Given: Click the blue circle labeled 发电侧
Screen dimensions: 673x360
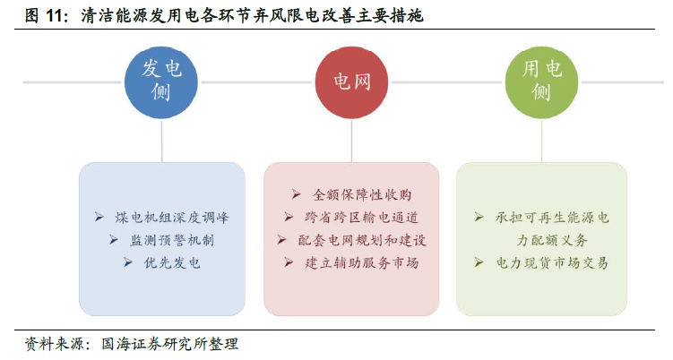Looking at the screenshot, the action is [161, 82].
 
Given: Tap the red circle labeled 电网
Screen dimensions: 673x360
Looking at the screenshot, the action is [351, 82].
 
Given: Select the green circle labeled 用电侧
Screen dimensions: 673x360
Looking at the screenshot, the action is [541, 82].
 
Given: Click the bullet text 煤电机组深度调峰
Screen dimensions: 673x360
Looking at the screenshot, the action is [172, 218].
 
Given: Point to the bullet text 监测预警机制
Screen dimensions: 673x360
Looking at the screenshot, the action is [172, 240].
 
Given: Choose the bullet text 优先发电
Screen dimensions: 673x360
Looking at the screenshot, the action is [172, 263].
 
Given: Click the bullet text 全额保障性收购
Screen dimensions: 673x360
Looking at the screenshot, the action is [362, 195].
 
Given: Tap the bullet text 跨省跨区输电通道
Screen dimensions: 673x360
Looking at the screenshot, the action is [361, 218].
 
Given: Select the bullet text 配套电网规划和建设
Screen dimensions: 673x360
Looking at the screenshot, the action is [362, 240].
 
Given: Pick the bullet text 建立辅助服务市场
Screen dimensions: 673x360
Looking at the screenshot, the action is [361, 263].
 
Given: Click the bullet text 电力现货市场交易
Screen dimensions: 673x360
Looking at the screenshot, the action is [552, 263].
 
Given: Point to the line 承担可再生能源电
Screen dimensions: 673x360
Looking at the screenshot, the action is [552, 218].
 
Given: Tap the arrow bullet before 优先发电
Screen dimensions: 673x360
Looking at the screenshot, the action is [128, 262].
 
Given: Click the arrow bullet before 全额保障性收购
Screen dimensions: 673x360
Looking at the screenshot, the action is [296, 194].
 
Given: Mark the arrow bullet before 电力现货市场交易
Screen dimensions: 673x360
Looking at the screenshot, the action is [479, 262].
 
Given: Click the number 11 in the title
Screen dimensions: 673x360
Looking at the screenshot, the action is [55, 16].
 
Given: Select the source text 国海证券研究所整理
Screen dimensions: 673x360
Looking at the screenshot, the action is [169, 344].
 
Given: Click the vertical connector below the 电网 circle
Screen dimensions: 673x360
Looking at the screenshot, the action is [351, 141].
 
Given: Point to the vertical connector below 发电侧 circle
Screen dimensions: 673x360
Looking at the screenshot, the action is [162, 141].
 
